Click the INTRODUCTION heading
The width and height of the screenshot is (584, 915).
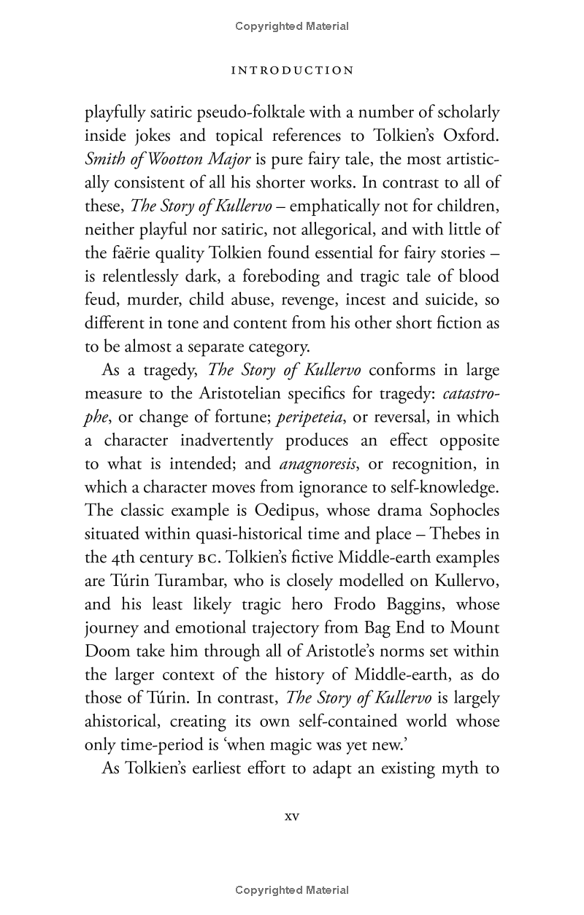pyautogui.click(x=292, y=71)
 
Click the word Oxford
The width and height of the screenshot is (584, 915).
pyautogui.click(x=465, y=136)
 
